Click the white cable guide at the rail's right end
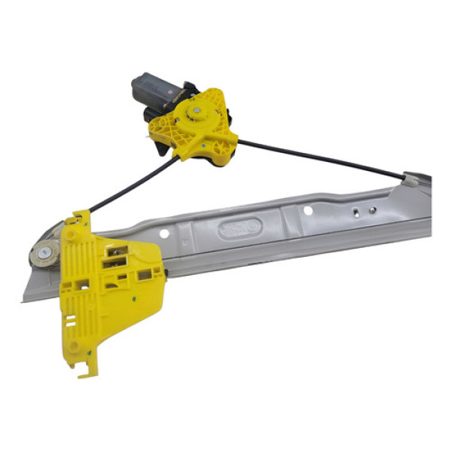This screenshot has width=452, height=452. pos(410,180)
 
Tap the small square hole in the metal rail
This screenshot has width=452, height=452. pos(354,214)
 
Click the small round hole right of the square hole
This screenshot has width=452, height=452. pos(371,210)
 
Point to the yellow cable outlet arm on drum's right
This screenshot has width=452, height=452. pos(226,139)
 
